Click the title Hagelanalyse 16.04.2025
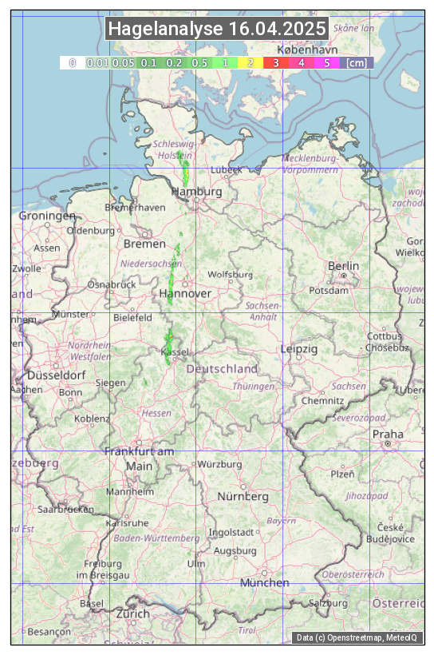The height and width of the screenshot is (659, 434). (x=217, y=30)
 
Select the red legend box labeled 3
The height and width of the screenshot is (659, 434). (x=275, y=62)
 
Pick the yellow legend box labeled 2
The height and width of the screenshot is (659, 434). (x=251, y=62)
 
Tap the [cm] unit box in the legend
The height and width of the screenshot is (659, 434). (x=357, y=62)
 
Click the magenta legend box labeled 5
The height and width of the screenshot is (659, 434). (x=326, y=62)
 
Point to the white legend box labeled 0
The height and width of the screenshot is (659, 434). (x=72, y=62)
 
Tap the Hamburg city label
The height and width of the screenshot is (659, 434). (x=196, y=193)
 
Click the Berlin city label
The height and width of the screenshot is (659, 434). (x=343, y=266)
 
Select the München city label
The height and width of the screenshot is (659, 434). (x=264, y=582)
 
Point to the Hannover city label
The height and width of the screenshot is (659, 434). (x=185, y=294)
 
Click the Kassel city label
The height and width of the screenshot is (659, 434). (x=174, y=352)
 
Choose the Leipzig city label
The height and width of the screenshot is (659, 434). (x=299, y=349)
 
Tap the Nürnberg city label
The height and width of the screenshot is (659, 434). (x=243, y=496)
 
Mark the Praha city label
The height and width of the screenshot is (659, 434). (x=387, y=434)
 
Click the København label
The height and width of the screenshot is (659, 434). (x=307, y=49)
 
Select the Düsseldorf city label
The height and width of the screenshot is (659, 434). (x=56, y=375)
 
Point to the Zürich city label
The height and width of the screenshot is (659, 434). (x=132, y=613)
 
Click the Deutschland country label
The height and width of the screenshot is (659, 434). (x=222, y=369)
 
